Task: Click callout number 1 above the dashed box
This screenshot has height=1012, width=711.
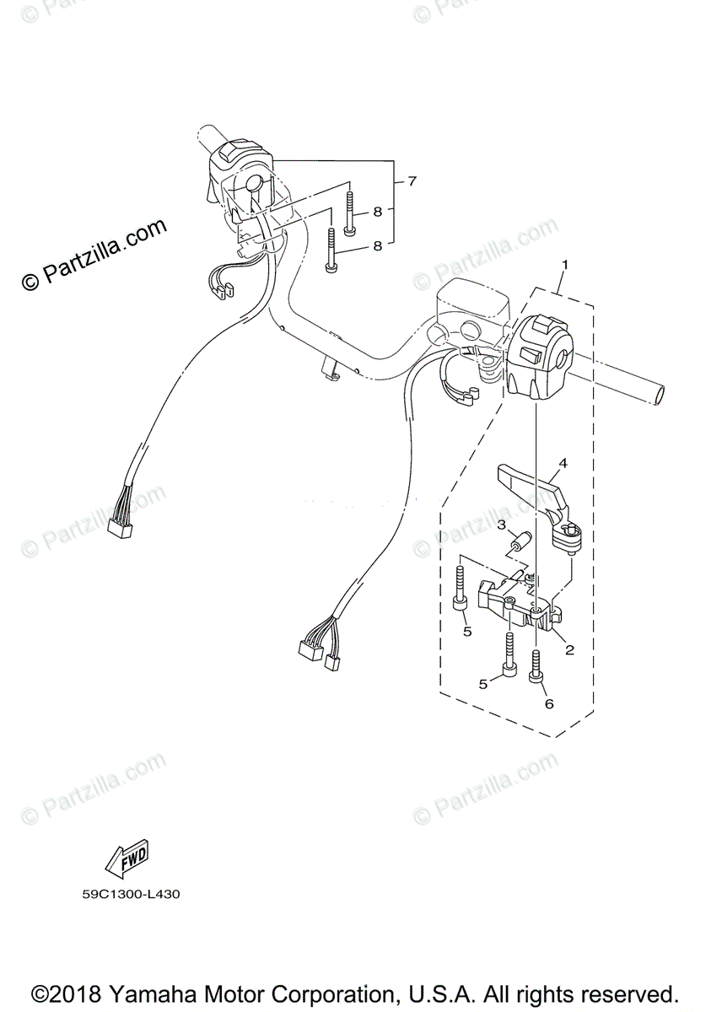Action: tap(564, 264)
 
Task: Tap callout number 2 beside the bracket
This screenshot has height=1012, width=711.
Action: tap(569, 649)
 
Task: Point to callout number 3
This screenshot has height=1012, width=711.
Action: tap(500, 525)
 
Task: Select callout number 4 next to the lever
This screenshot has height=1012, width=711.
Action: tap(563, 462)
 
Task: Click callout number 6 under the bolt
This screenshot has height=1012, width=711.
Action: tap(549, 703)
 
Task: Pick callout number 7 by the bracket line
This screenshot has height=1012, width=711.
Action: tap(412, 180)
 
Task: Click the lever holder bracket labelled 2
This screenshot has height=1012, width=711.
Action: tap(514, 603)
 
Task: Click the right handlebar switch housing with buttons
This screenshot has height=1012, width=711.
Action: tap(541, 354)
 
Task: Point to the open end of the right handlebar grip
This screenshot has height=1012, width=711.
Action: tap(658, 394)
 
